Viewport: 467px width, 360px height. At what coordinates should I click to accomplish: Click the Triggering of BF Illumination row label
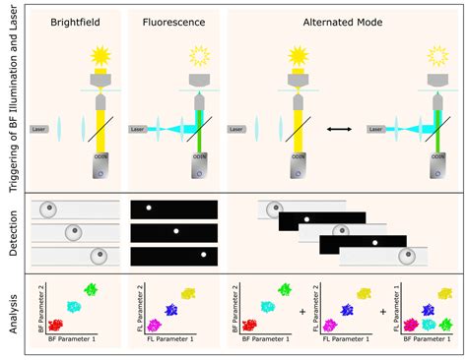pos(12,98)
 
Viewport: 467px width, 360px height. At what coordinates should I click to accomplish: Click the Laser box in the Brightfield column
pos(39,129)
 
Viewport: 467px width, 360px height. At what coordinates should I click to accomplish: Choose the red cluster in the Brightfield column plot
pos(56,325)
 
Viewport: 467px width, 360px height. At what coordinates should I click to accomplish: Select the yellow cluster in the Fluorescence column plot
pos(188,293)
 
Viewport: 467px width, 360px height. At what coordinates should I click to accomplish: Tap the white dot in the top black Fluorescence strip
pos(149,209)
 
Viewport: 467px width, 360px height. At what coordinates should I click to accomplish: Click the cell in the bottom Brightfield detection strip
pos(97,257)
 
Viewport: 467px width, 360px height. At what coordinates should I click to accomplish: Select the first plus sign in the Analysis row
pos(302,313)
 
